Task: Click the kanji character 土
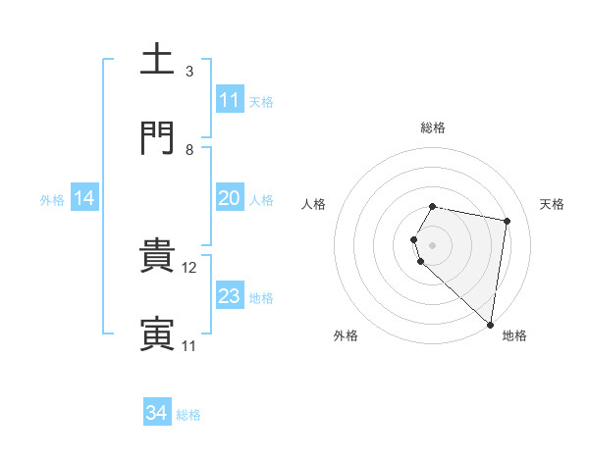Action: coord(158,60)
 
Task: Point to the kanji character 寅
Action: coord(158,334)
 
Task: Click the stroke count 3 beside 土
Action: coord(189,72)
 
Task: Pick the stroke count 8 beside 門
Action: coord(189,150)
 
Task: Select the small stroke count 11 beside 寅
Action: coord(189,346)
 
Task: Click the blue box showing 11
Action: coord(229,100)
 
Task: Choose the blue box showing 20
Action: coord(229,198)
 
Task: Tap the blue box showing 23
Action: coord(229,296)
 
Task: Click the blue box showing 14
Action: coord(84,198)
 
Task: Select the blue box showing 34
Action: coord(157,414)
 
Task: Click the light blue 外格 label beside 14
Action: coord(52,200)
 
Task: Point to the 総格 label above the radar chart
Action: coord(433,128)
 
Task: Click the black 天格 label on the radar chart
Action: coord(553,204)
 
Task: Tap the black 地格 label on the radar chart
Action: coord(514,335)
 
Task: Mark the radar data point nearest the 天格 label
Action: coord(507,222)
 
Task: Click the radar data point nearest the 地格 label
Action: coord(490,324)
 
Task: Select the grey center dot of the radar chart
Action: coord(433,244)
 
